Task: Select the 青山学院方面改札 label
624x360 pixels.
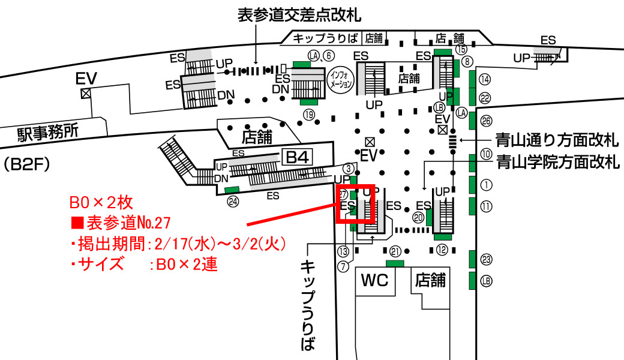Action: [x=556, y=161]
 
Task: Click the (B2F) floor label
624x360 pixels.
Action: [x=22, y=163]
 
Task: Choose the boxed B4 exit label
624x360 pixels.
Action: [x=297, y=158]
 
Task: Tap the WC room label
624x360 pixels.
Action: [x=374, y=280]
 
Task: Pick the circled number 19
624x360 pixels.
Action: [x=309, y=114]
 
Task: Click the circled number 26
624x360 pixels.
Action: [x=486, y=121]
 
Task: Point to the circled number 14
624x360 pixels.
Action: [x=485, y=79]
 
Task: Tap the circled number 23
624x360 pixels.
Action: [x=486, y=260]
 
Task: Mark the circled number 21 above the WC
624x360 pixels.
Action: [x=395, y=252]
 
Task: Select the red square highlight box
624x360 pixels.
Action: [x=356, y=204]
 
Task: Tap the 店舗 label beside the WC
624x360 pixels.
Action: [x=430, y=280]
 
